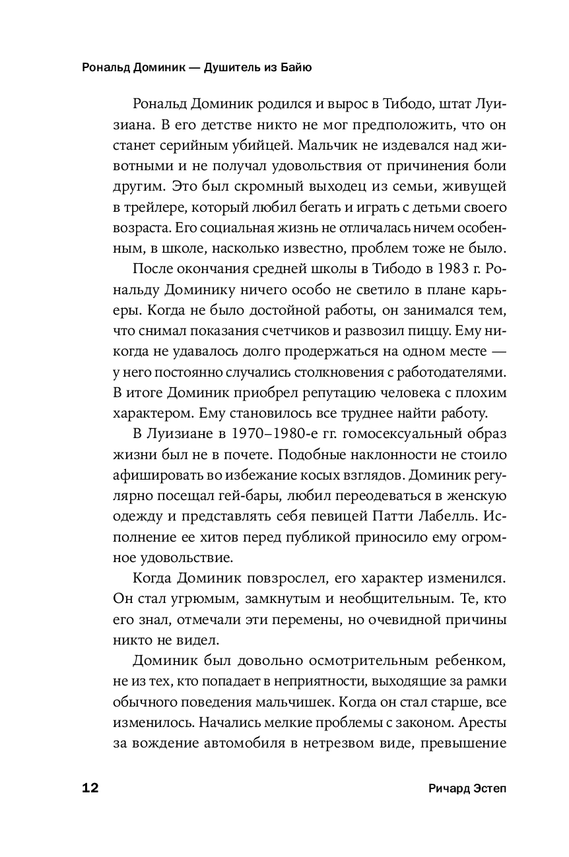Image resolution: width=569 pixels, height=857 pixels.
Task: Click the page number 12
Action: point(90,789)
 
